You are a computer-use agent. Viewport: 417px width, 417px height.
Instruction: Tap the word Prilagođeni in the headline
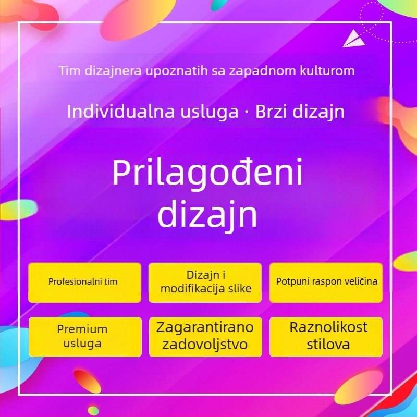click(207, 174)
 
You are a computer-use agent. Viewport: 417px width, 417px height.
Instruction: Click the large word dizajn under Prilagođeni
click(207, 214)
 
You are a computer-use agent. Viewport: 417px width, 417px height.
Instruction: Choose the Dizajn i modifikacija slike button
click(205, 282)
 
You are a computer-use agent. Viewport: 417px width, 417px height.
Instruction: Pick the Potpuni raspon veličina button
click(326, 282)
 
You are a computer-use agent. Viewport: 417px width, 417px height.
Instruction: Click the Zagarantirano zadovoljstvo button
click(205, 336)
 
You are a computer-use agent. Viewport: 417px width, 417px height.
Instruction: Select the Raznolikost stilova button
click(326, 336)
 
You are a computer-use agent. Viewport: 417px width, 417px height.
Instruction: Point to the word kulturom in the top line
click(330, 70)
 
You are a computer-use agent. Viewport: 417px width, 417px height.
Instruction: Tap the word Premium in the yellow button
click(82, 329)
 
